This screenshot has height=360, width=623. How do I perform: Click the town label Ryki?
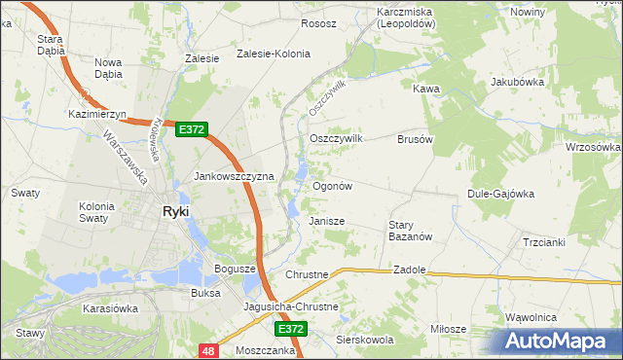[175, 211]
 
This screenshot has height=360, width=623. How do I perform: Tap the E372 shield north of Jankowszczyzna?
[191, 129]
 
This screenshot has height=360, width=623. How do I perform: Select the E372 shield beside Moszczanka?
[291, 330]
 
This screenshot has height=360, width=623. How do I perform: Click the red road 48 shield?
[208, 348]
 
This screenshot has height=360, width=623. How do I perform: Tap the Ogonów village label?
[331, 185]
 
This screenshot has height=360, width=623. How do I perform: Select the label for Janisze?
[327, 221]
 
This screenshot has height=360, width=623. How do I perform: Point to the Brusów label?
[415, 139]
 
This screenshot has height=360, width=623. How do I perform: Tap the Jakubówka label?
[516, 83]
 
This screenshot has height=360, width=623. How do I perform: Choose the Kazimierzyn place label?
[94, 114]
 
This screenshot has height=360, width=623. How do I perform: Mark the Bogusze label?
[234, 268]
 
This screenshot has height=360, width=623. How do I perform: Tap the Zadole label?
[411, 269]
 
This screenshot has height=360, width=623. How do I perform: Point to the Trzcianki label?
[543, 242]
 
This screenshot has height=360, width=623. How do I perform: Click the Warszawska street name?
[125, 158]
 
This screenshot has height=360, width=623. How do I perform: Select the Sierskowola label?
[364, 341]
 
